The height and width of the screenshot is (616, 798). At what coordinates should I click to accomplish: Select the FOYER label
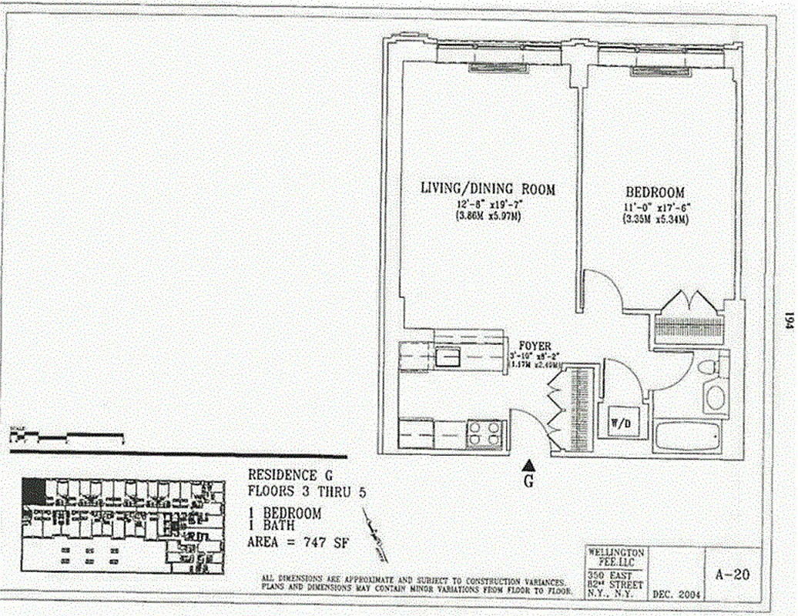tap(534, 346)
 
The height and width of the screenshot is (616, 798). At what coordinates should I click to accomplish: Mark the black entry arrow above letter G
tap(528, 464)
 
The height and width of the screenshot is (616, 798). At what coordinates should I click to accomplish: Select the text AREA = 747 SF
tap(297, 542)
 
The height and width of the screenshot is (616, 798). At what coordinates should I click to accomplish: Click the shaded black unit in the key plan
tap(33, 491)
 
